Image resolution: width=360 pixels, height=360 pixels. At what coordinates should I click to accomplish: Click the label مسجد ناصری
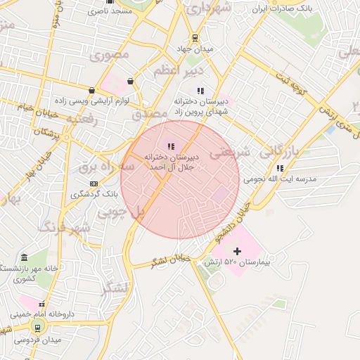pos(118,12)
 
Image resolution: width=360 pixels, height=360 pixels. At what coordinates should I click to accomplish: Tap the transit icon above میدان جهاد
pos(195,38)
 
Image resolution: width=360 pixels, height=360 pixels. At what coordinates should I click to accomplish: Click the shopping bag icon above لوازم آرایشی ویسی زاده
pos(91,90)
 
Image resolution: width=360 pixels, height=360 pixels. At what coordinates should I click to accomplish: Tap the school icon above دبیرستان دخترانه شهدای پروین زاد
pos(200,90)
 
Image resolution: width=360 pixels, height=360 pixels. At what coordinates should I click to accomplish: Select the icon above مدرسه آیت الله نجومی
pos(281,168)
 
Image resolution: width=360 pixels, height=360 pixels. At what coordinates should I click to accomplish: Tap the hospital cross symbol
pos(237,250)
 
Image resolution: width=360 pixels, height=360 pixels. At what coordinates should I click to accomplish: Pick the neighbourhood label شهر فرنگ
pos(65,227)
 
